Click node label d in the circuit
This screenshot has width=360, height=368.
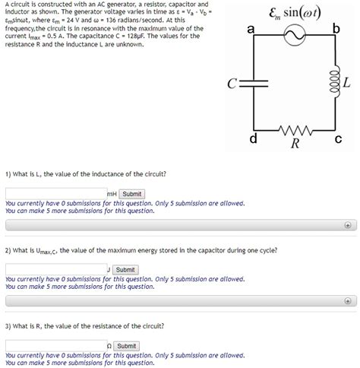point(253,140)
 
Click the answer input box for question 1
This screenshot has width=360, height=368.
point(55,194)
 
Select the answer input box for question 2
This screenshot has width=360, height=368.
point(55,269)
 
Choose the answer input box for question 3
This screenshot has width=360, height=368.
point(55,345)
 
